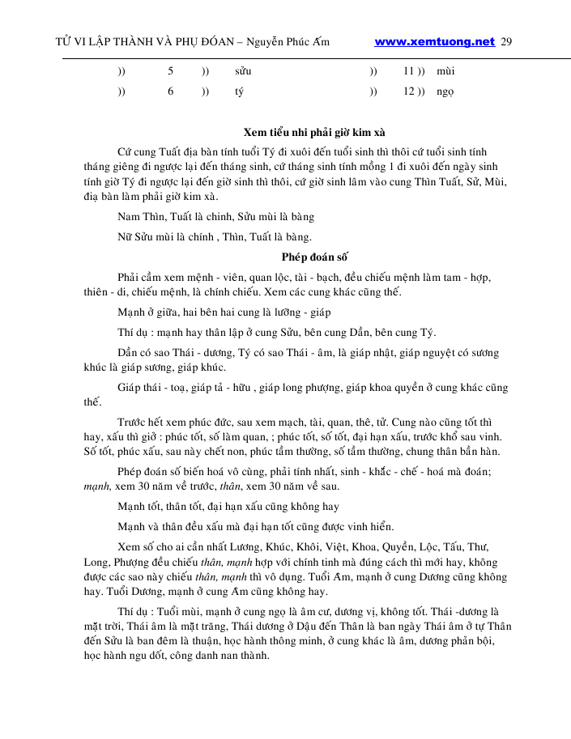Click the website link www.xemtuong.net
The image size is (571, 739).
(435, 41)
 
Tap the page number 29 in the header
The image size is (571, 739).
(507, 41)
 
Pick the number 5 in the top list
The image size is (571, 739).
(170, 71)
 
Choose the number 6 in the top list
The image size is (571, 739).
(170, 91)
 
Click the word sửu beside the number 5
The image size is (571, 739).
(243, 71)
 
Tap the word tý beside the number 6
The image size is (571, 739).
(239, 91)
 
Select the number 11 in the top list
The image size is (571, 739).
(410, 71)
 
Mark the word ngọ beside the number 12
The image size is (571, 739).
(445, 91)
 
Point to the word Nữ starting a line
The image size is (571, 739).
(126, 237)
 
